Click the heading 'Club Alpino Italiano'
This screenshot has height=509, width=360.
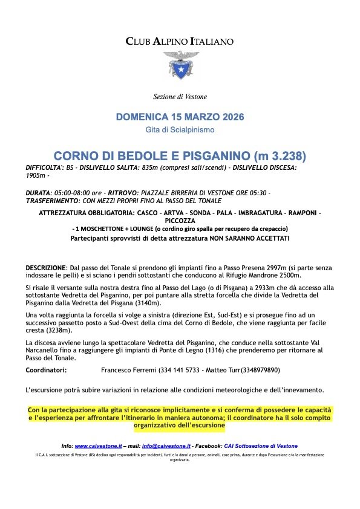[180, 42]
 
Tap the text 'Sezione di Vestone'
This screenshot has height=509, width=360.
[180, 97]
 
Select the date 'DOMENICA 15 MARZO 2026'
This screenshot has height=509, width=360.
[180, 116]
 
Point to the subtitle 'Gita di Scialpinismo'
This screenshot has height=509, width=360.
[180, 130]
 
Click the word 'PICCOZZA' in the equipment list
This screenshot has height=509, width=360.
[180, 221]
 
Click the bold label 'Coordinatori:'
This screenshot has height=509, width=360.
[47, 370]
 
